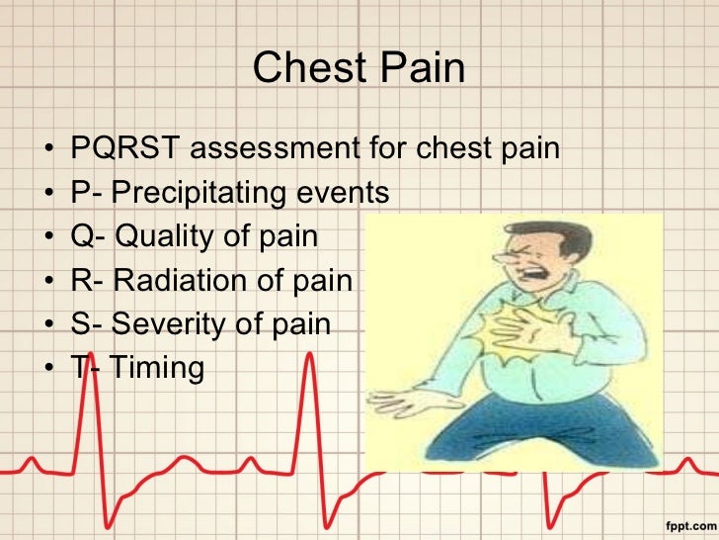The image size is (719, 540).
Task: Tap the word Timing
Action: point(157,369)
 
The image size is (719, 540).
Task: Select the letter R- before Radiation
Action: point(87,281)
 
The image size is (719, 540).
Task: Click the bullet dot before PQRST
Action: point(48,151)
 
